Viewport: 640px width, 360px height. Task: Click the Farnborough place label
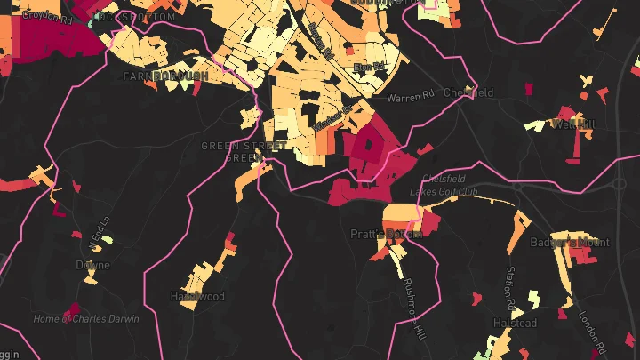166,77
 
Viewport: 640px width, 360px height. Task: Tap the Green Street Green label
243,151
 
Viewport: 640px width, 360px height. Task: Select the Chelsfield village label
468,92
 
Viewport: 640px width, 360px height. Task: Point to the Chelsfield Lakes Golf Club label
444,185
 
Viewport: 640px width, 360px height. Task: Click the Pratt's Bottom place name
383,234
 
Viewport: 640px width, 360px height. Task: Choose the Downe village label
92,265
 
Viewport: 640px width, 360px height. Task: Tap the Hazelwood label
197,296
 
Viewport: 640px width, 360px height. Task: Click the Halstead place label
515,323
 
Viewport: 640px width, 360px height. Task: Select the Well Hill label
572,124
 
